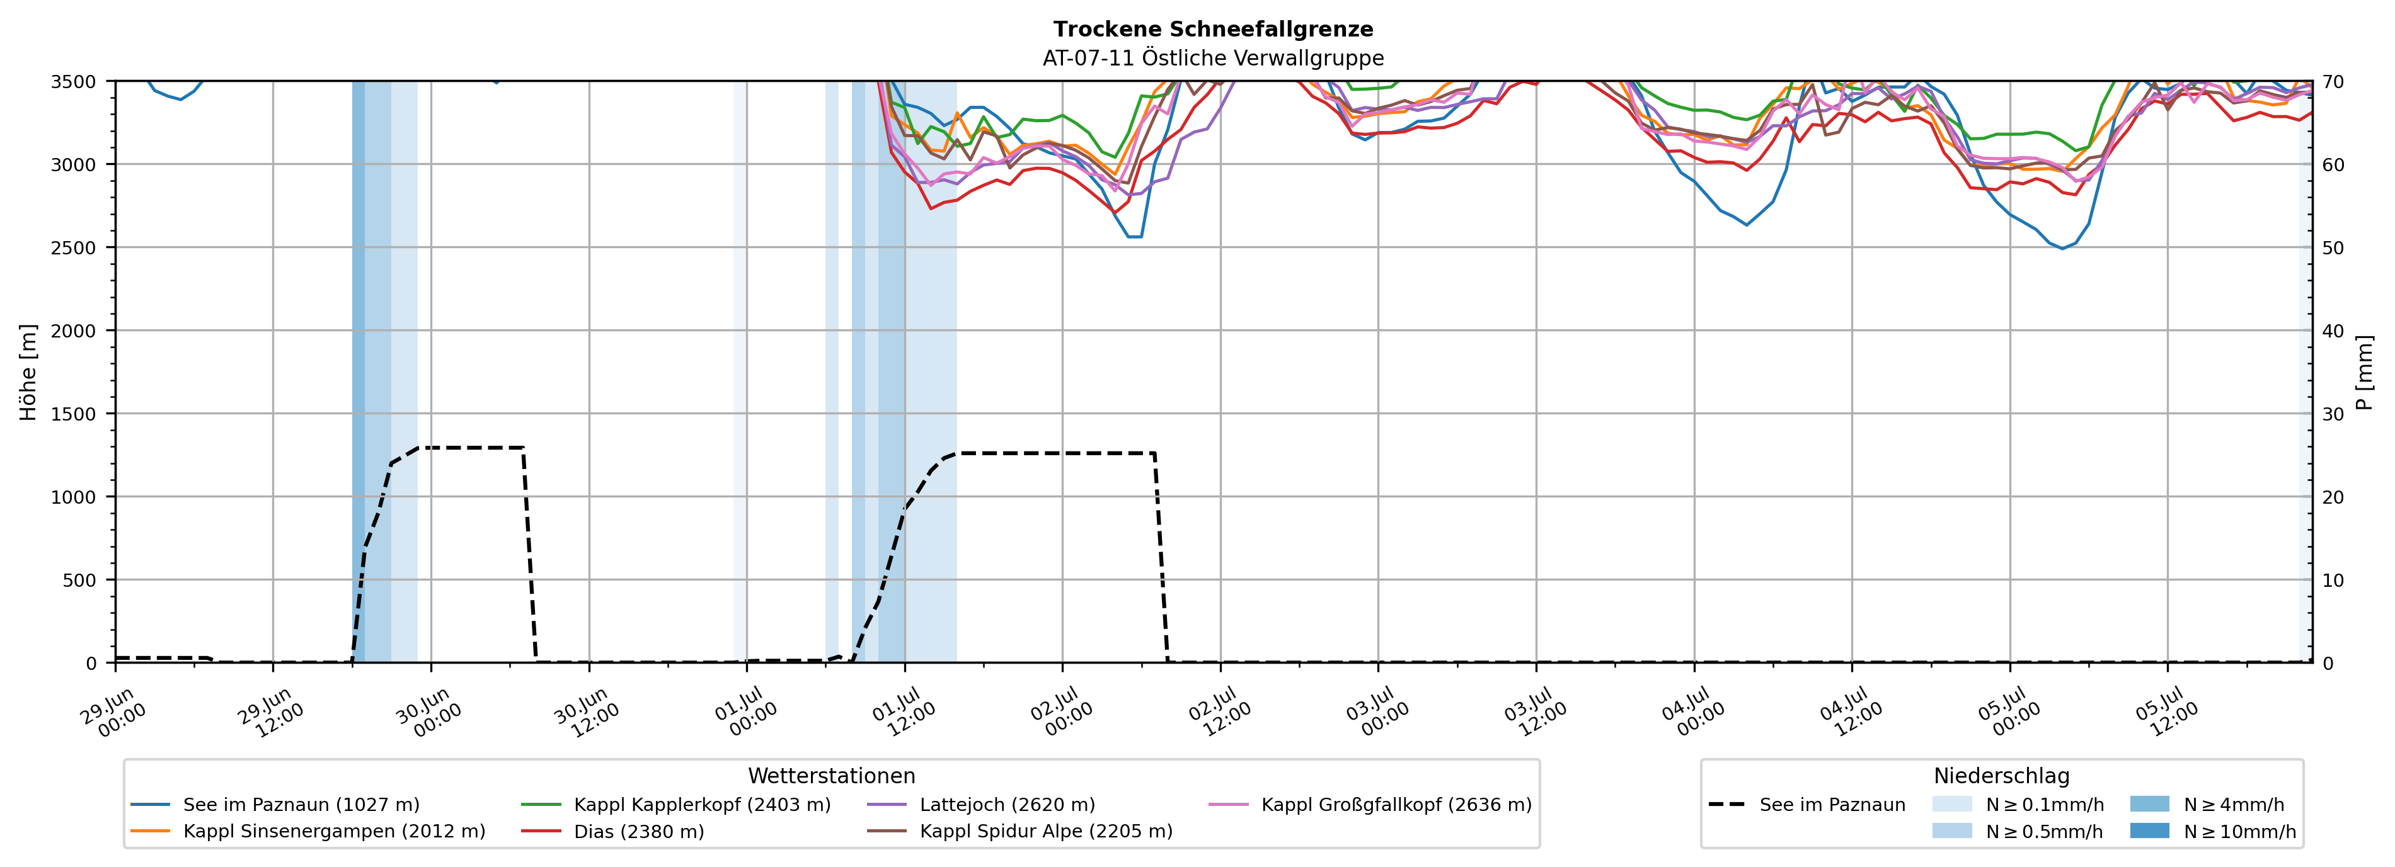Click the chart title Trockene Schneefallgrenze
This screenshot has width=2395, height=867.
(1212, 30)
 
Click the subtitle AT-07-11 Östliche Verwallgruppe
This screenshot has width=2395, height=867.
(1212, 59)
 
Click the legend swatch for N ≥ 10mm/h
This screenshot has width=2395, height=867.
(2149, 830)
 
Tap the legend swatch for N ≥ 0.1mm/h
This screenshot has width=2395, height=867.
(1951, 804)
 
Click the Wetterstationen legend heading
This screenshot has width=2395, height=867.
(831, 776)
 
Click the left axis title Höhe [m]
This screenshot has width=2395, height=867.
(29, 371)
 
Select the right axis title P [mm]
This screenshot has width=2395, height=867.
(2365, 371)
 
